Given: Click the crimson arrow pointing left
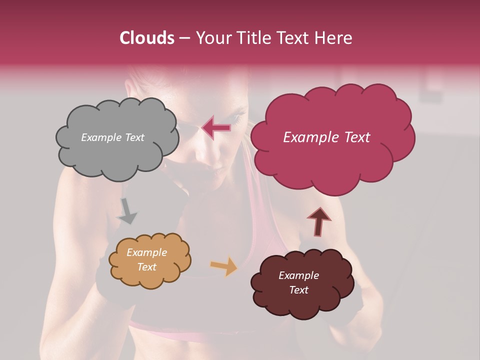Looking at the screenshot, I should pyautogui.click(x=216, y=128).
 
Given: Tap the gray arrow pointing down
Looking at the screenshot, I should pyautogui.click(x=127, y=211).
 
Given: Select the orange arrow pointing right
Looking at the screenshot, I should pyautogui.click(x=224, y=266).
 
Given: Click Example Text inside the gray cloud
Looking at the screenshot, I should pyautogui.click(x=112, y=137).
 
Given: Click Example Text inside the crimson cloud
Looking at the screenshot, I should pyautogui.click(x=326, y=137).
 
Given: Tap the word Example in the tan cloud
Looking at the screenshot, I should pyautogui.click(x=146, y=252).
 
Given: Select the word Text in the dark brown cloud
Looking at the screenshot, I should pyautogui.click(x=298, y=290).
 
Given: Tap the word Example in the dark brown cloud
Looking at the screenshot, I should pyautogui.click(x=298, y=275).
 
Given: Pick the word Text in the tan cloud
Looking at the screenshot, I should pyautogui.click(x=146, y=267).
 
